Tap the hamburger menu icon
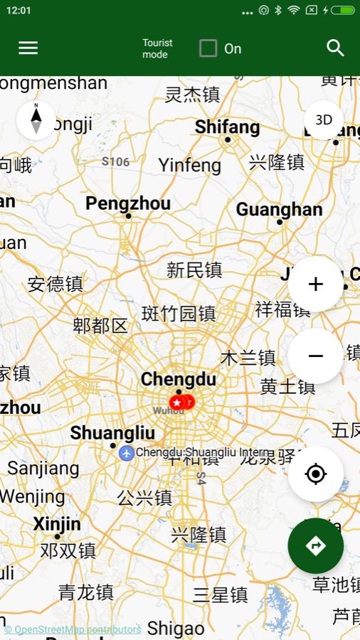[x=28, y=48]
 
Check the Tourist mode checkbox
[x=208, y=48]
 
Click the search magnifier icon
[x=335, y=48]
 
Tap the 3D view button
[x=324, y=119]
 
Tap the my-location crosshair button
[x=316, y=474]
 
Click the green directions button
[x=316, y=545]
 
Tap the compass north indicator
[x=36, y=119]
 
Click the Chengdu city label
[x=178, y=379]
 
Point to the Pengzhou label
[x=128, y=203]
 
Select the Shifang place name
[x=227, y=127]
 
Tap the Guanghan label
[x=279, y=210]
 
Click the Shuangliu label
[x=112, y=432]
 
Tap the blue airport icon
[x=127, y=452]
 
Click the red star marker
[x=176, y=402]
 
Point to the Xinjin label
[x=57, y=524]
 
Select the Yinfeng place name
[x=190, y=166]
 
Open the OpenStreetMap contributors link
[x=73, y=629]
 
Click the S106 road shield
[x=115, y=161]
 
